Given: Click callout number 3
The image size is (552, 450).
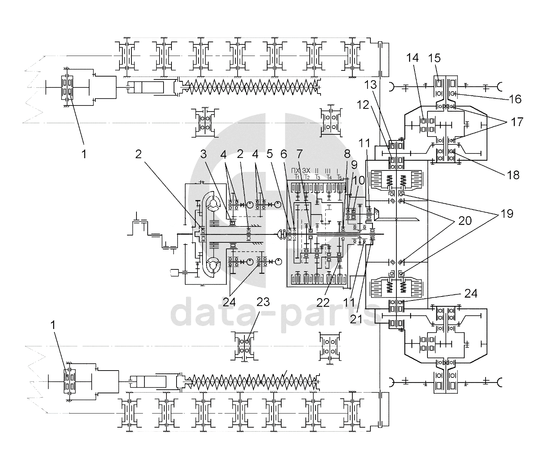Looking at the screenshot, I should click(204, 155).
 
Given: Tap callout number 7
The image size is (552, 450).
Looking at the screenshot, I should click(299, 155).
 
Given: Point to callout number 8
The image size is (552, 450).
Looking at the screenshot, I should click(347, 154).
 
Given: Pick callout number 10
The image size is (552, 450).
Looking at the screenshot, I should click(360, 180).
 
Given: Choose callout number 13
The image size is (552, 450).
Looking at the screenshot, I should click(372, 85).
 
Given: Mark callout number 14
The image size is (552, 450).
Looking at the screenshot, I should click(413, 58).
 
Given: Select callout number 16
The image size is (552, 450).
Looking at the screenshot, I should click(516, 99).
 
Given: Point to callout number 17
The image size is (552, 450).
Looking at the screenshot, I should click(517, 122).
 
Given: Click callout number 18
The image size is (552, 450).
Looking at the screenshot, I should click(513, 175).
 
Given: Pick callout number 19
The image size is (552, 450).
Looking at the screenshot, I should click(507, 214).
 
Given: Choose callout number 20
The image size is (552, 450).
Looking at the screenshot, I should click(465, 220).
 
